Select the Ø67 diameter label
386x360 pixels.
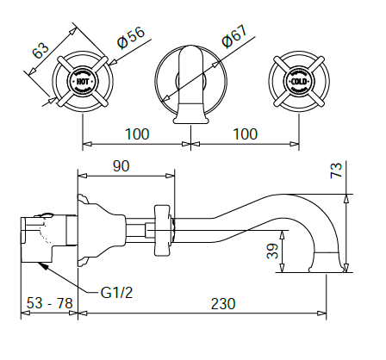click(x=233, y=40)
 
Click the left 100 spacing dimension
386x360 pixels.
click(x=136, y=134)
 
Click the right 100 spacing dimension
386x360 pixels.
click(x=245, y=134)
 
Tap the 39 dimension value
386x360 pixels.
click(x=270, y=251)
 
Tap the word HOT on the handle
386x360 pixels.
click(x=83, y=83)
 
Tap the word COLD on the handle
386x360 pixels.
click(x=298, y=83)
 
